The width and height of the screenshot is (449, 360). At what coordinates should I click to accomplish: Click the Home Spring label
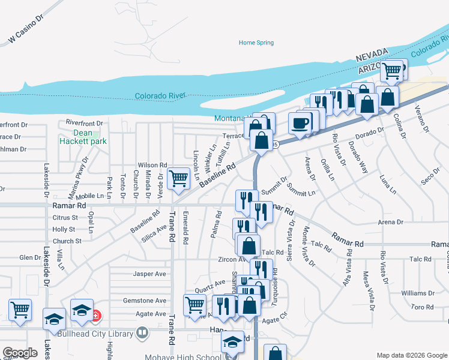click(256, 43)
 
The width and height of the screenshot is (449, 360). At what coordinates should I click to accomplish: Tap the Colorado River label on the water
click(160, 95)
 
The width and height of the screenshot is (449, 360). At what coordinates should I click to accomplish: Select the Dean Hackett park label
click(83, 137)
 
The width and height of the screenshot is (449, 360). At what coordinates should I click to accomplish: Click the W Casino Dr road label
click(26, 30)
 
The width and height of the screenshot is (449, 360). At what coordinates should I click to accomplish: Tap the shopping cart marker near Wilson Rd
click(178, 178)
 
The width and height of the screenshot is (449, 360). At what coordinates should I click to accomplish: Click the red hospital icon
click(96, 315)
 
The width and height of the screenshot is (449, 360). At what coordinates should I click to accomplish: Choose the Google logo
click(20, 353)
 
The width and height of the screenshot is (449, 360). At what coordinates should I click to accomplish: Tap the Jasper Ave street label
click(149, 274)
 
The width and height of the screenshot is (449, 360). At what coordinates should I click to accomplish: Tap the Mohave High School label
click(182, 354)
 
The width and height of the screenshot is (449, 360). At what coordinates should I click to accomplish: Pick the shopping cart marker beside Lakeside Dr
click(20, 310)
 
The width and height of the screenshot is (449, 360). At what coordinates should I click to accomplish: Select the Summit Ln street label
click(301, 193)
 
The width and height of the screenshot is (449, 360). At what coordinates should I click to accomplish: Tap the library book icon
click(142, 331)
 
